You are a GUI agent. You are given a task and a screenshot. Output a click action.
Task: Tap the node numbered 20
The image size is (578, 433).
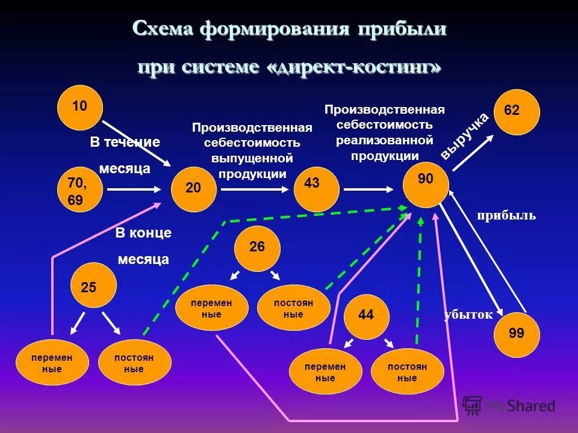[x=194, y=189]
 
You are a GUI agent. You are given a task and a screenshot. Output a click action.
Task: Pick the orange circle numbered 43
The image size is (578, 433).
[x=317, y=188]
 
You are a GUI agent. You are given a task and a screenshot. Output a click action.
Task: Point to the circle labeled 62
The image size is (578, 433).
[x=517, y=112]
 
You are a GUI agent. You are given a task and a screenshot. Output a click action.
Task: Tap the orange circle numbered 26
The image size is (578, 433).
[x=257, y=248]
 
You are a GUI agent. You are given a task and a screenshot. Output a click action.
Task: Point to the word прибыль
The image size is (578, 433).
[x=506, y=215]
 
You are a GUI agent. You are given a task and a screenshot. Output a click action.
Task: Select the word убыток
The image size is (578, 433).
[x=468, y=315]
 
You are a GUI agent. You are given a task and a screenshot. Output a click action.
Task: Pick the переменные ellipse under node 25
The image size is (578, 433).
[x=52, y=362]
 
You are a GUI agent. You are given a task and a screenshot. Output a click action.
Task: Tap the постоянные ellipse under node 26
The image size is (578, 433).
[x=293, y=308]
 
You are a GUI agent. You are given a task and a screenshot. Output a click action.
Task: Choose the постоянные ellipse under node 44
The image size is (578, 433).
[x=407, y=371]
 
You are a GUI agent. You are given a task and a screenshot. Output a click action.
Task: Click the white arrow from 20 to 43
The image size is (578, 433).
[x=255, y=189]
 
